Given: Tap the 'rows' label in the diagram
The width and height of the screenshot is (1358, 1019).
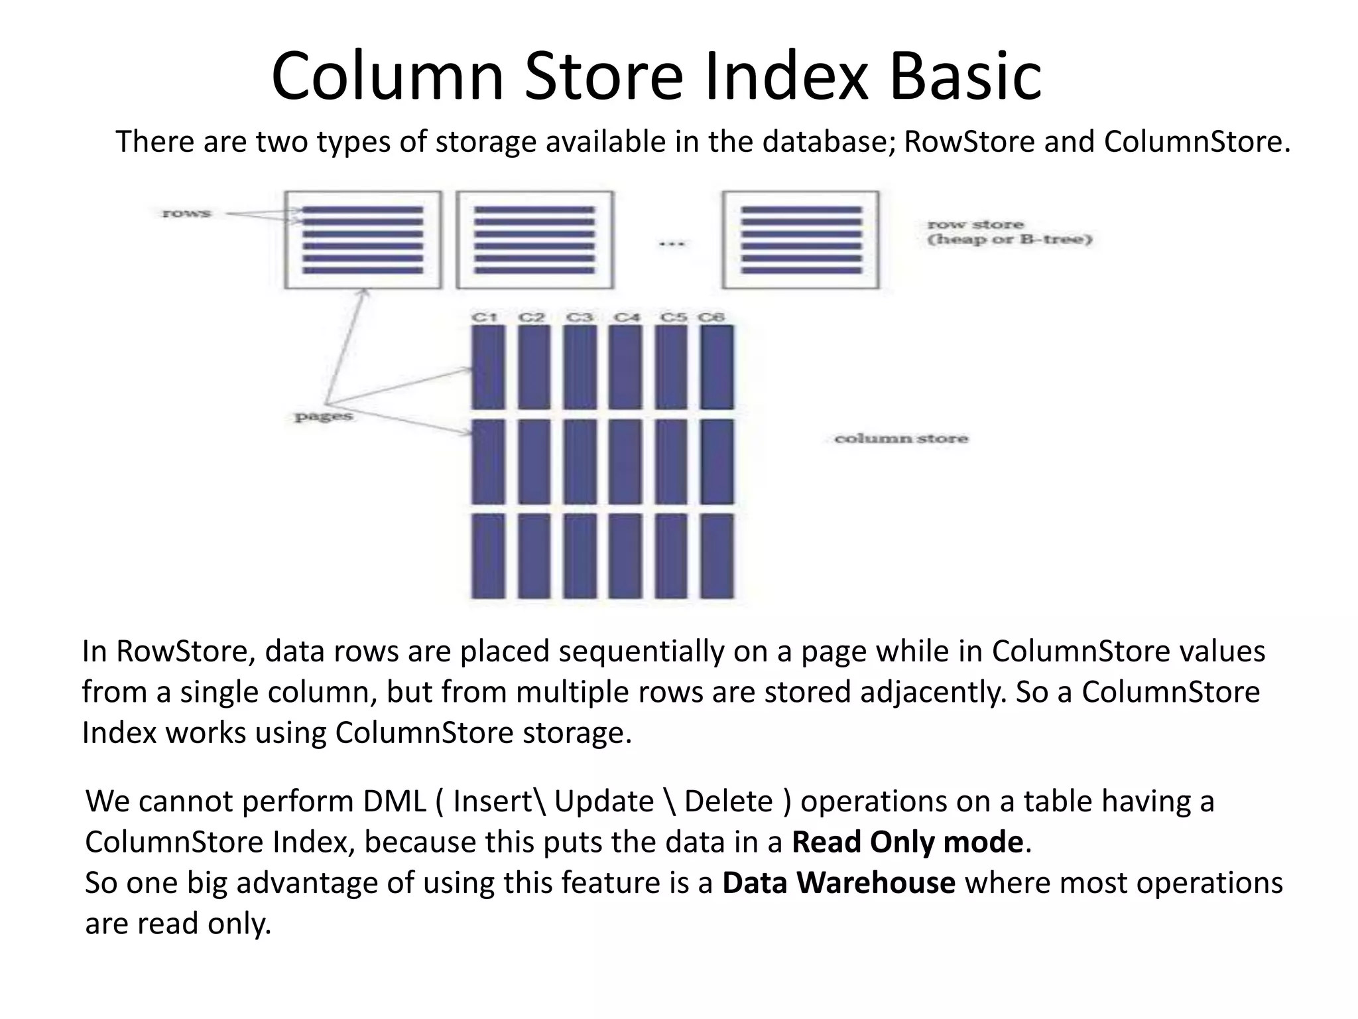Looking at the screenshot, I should [186, 214].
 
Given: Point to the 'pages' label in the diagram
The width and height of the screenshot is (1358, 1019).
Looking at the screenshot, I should [323, 417].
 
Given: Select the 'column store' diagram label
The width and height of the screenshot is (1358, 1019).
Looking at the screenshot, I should [900, 439].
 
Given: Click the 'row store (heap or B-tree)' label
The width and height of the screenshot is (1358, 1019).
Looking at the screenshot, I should [1009, 232].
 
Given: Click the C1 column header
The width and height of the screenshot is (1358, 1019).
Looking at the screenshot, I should [485, 317].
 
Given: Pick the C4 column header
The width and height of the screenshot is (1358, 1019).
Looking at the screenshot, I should [627, 317].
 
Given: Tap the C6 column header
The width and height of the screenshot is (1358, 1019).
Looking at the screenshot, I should [711, 317].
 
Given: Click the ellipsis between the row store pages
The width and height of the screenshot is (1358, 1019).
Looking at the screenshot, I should [670, 243].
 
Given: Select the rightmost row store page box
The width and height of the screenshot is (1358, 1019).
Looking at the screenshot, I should [800, 240].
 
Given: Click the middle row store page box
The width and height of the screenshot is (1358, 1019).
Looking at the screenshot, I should [534, 240].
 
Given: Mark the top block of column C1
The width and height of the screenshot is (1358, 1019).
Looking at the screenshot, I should [488, 367].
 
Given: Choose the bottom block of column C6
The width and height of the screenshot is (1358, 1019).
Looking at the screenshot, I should [717, 556].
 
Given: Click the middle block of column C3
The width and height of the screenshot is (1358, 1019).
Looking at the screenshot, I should [580, 461].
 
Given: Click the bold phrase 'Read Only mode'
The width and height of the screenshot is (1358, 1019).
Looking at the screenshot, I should [907, 842].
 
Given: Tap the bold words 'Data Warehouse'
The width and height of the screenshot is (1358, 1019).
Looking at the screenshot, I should [838, 883].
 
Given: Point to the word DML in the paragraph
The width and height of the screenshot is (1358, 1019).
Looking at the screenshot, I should [394, 801].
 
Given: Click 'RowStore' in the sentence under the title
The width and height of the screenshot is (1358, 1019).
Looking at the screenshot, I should [969, 142].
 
